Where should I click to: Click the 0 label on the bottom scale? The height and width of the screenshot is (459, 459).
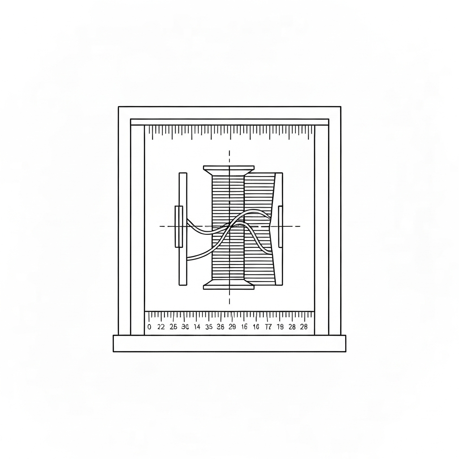tap(149, 327)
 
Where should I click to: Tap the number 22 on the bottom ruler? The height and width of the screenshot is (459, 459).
tap(161, 327)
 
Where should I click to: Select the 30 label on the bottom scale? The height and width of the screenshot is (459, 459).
tap(185, 327)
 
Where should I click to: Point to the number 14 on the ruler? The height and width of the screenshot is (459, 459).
tap(197, 327)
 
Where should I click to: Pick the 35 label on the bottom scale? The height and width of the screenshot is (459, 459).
tap(208, 327)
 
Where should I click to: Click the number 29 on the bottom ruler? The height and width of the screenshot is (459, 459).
tap(232, 327)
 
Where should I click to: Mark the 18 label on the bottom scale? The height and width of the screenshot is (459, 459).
tap(280, 327)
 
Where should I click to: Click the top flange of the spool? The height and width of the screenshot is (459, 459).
tap(229, 169)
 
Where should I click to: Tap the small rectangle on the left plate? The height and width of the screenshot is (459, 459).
tap(179, 226)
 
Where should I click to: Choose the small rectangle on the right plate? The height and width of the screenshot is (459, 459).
tap(280, 226)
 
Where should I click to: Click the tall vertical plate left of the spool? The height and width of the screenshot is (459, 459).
tap(182, 188)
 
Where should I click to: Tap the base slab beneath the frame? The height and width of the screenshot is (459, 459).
tap(229, 343)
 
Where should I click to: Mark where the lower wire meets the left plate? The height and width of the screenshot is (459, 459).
tap(187, 258)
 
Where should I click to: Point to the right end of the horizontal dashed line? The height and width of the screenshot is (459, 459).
tap(299, 226)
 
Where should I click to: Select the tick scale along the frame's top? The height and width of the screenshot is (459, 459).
tap(229, 130)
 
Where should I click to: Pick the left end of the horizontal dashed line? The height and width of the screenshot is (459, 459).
tap(160, 226)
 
